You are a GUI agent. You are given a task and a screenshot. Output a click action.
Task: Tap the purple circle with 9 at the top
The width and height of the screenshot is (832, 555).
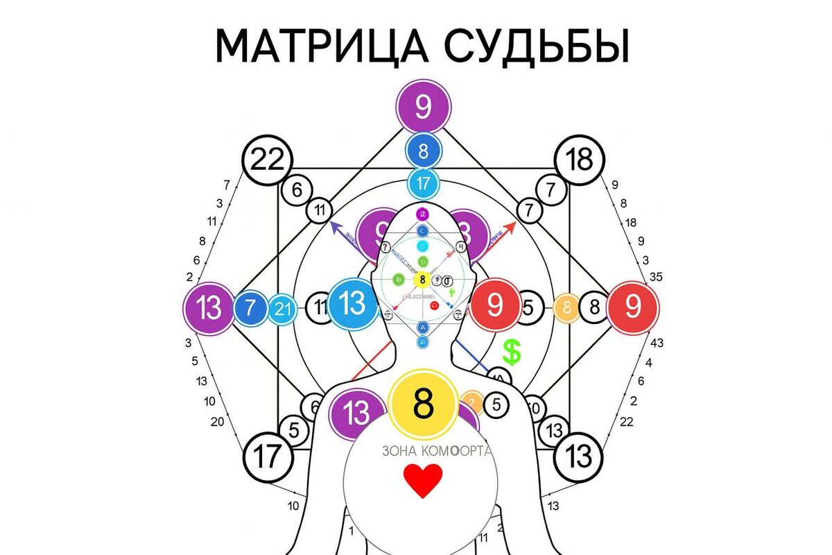(x=424, y=108)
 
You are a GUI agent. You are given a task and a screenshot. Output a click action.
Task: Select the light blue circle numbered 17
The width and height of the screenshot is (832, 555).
(x=424, y=184)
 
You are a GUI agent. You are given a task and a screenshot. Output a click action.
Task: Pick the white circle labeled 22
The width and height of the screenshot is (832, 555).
(x=267, y=161)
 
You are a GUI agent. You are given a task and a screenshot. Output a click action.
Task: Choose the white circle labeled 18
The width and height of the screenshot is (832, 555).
(x=580, y=160)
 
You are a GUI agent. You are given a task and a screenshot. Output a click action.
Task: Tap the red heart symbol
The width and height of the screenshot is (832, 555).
(x=423, y=481)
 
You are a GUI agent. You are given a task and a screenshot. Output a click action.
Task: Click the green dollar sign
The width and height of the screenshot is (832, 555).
(x=512, y=352)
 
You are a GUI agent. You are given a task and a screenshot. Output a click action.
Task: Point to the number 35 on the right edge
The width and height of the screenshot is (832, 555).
(x=656, y=277)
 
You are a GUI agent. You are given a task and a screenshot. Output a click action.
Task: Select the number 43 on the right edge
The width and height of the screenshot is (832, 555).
(x=656, y=343)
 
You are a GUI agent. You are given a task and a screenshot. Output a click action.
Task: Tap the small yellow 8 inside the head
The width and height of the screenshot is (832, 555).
(x=422, y=280)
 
